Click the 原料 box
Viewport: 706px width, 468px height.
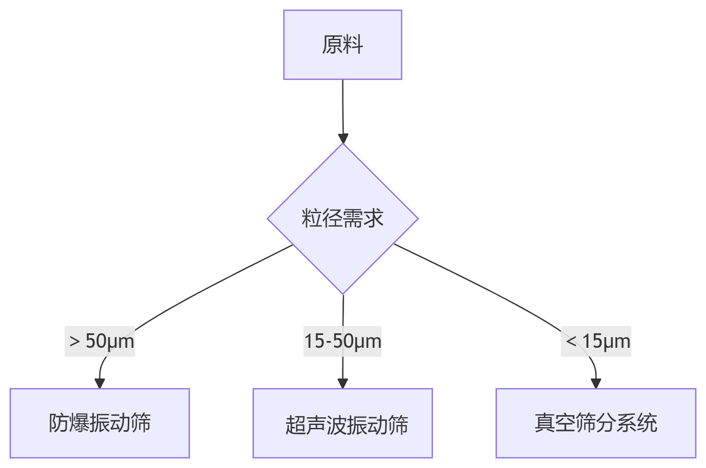coord(342,45)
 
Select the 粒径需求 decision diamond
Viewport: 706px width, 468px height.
coord(342,218)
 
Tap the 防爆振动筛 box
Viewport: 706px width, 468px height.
coord(99,423)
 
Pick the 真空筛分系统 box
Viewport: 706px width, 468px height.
coord(596,423)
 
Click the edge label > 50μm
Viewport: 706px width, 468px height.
coord(100,341)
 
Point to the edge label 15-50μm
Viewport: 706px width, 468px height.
coord(342,341)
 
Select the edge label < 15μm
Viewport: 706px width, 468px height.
coord(596,341)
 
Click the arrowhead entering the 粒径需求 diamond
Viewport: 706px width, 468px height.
coord(343,139)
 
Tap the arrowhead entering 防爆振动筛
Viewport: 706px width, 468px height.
coord(100,383)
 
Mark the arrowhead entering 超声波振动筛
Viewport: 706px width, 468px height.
coord(343,383)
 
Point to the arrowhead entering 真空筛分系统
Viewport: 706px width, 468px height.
coord(596,383)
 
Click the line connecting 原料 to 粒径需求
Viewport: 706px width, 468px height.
coord(343,107)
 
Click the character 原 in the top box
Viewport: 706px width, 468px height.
coord(332,45)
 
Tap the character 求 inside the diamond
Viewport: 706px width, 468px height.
coord(373,218)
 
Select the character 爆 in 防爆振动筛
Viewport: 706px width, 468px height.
coord(79,423)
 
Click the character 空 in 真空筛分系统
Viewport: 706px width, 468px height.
coord(565,423)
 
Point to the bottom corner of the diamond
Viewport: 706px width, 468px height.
coord(343,293)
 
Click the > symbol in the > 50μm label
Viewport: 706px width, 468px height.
coord(75,341)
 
